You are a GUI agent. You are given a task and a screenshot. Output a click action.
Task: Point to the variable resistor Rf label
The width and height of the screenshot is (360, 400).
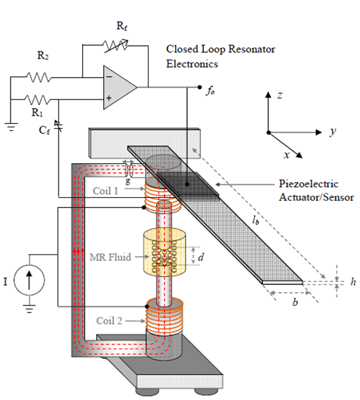pyautogui.click(x=122, y=26)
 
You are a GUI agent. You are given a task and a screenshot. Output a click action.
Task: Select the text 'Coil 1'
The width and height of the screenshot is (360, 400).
pyautogui.click(x=106, y=191)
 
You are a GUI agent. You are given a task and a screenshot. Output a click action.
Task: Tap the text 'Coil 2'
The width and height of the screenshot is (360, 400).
pyautogui.click(x=110, y=321)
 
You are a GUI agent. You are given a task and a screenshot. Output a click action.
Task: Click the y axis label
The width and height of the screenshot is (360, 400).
pyautogui.click(x=331, y=132)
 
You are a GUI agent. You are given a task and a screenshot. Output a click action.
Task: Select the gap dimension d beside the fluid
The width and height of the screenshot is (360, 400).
pyautogui.click(x=201, y=257)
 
